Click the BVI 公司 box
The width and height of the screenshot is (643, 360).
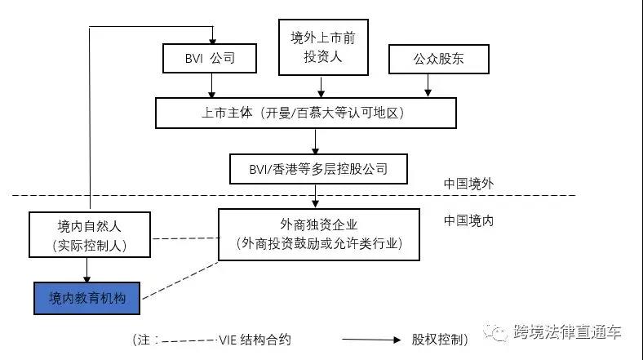tap(211, 59)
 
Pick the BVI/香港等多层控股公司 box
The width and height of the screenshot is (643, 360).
tap(316, 169)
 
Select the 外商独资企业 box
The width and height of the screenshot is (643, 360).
tap(318, 233)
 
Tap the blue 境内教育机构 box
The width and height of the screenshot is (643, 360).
tap(86, 297)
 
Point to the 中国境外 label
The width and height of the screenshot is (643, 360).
tap(468, 184)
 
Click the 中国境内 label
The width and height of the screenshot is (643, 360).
tap(468, 220)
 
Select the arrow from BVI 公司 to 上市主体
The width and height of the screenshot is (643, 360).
tap(211, 85)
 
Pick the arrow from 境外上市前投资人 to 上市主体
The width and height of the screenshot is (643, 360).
tap(321, 85)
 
